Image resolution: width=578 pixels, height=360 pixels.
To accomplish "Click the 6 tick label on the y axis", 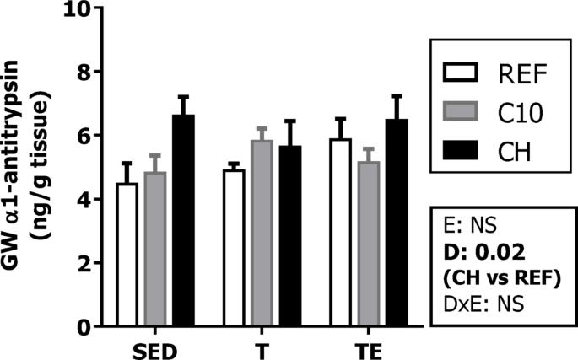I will pyautogui.click(x=83, y=136).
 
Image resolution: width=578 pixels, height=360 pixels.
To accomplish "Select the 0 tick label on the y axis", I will pyautogui.click(x=83, y=327).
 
